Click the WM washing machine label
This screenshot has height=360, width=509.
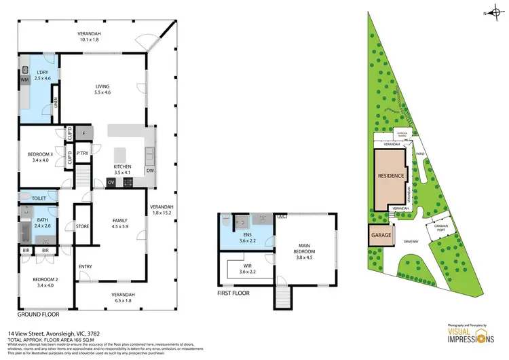24,80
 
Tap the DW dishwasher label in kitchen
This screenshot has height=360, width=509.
150,170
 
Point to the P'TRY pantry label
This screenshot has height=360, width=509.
83,153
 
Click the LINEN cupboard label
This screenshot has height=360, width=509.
56,106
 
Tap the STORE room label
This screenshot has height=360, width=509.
83,226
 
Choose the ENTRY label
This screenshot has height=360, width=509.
86,266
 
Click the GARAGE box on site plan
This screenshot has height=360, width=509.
379,236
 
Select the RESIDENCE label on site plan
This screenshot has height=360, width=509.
391,176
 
